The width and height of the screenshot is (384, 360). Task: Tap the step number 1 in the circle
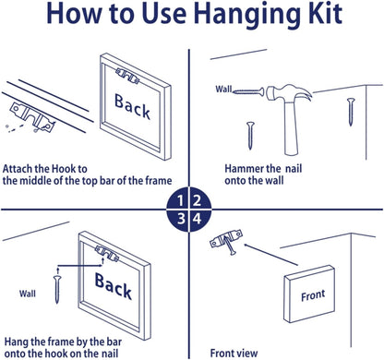click(x=181, y=201)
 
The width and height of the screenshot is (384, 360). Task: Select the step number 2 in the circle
click(x=197, y=201)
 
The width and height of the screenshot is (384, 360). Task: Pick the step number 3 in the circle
click(x=181, y=219)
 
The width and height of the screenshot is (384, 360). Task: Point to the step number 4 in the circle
click(x=197, y=219)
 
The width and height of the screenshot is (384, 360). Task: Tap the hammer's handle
click(x=291, y=127)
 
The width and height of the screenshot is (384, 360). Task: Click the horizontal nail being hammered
click(x=248, y=91)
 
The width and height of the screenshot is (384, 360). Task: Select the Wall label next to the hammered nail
click(x=223, y=90)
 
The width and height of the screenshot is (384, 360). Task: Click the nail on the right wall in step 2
click(x=351, y=112)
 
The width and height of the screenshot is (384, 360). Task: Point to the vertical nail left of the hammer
click(x=250, y=136)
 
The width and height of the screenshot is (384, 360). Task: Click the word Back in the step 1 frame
click(x=132, y=107)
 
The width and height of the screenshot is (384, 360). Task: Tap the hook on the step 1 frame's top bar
click(x=127, y=76)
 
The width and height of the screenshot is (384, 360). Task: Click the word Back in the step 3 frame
click(x=114, y=286)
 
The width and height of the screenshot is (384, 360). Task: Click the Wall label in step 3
click(x=28, y=294)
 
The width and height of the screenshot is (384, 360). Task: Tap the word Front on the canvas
click(x=313, y=295)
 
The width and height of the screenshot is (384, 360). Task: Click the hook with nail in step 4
click(x=226, y=242)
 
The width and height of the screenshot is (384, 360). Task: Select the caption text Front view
click(x=234, y=353)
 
